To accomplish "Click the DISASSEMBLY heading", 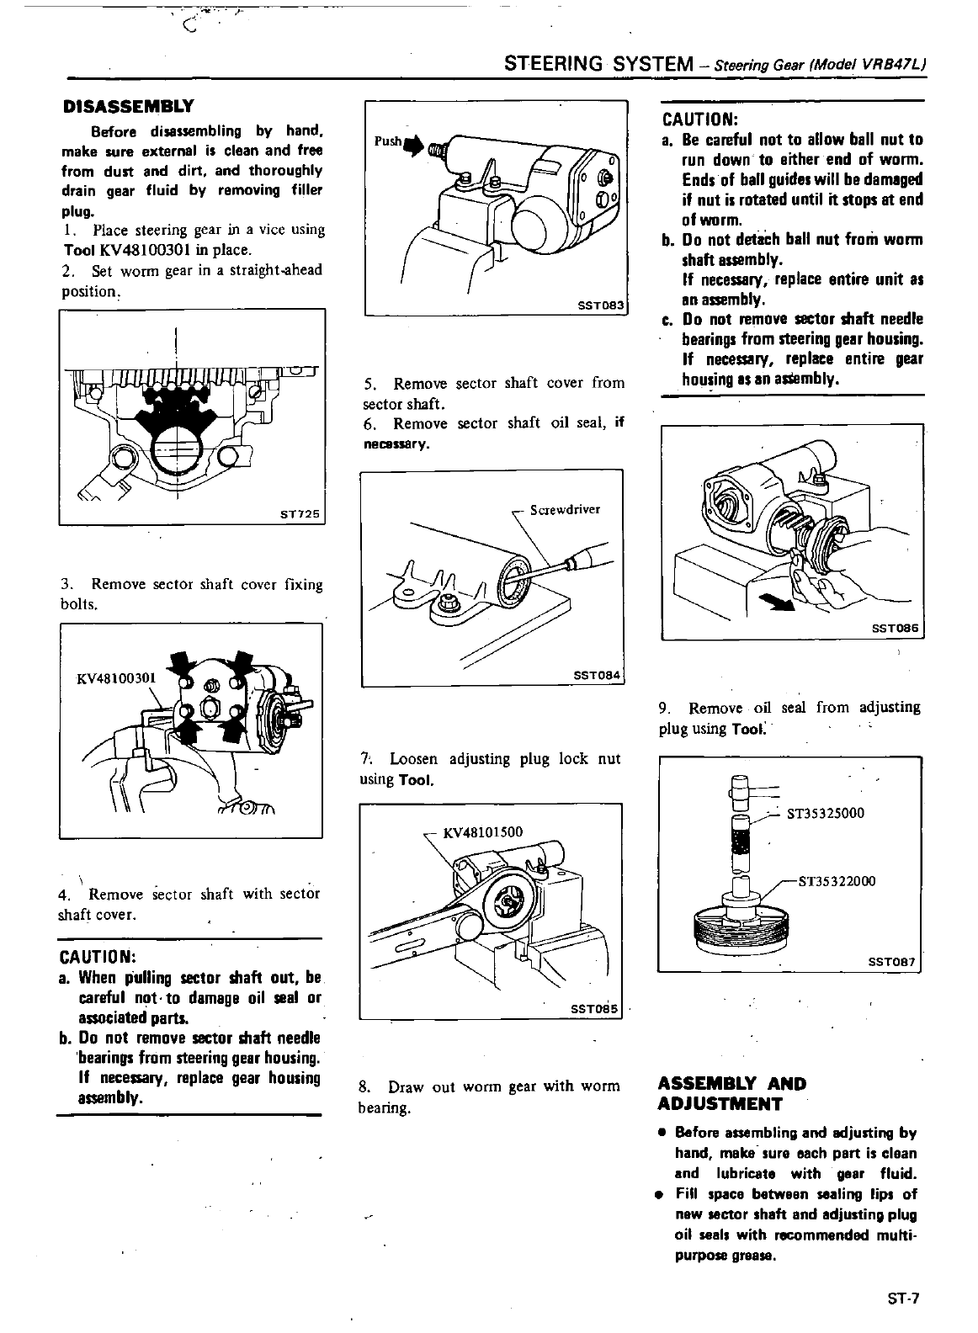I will (129, 107).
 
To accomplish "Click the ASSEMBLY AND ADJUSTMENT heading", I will (731, 1094).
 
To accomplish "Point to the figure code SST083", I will (601, 307).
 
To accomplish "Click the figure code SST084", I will (595, 676).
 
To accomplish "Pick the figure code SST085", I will (594, 1008).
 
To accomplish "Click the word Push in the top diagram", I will (388, 141).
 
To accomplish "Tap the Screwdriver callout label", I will (565, 509).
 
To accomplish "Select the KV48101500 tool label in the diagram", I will (482, 832).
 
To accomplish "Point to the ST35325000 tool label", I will (826, 813).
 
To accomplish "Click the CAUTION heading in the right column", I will (700, 118).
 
